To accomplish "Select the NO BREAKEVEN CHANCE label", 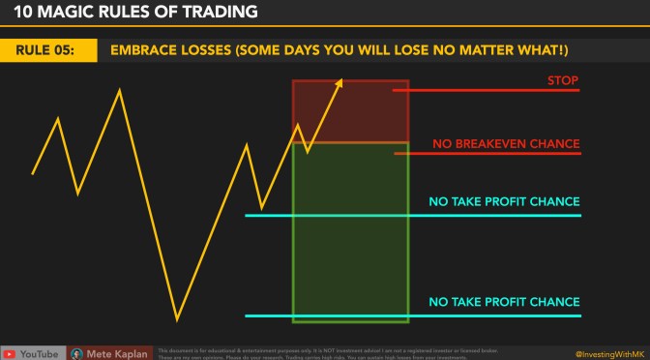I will [506, 144].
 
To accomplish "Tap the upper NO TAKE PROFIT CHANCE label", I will [504, 202].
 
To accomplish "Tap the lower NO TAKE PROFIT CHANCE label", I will [504, 302].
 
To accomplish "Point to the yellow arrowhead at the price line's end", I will [339, 85].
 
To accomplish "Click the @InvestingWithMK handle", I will [607, 353].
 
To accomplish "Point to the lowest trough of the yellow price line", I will [177, 318].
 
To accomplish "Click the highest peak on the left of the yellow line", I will [120, 91].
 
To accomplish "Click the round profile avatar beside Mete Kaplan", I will [77, 353].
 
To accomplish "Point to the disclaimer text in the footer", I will [319, 352].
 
